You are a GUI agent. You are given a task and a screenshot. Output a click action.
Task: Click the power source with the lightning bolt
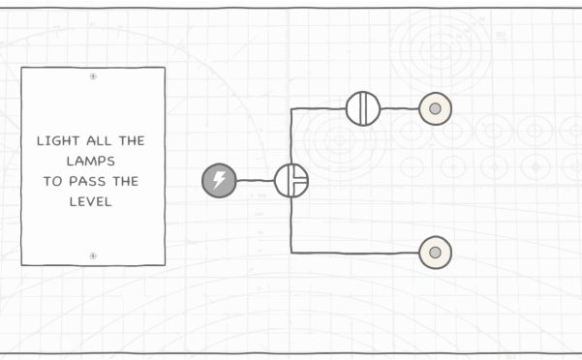point(219,180)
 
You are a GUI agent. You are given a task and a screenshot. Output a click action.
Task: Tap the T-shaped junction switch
point(291,180)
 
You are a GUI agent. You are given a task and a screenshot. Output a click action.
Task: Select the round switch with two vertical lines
point(362,107)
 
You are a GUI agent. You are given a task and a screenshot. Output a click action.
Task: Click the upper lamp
point(435,108)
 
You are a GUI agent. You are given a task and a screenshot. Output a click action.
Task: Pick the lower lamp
point(435,254)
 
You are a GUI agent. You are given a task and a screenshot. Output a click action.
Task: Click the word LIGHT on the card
point(58,140)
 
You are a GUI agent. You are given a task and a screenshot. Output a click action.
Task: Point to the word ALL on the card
point(100,140)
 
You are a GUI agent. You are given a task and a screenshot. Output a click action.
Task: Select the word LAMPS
point(93,161)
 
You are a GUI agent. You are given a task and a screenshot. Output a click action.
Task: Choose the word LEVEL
point(93,201)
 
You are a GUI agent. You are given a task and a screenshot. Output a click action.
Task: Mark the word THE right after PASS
point(128,181)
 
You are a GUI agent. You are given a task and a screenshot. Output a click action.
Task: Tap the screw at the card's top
point(93,76)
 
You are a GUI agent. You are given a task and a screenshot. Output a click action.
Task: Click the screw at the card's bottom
point(93,255)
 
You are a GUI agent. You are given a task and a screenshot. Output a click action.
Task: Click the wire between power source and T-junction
point(255,180)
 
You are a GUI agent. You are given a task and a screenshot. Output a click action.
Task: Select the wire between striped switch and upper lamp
point(398,108)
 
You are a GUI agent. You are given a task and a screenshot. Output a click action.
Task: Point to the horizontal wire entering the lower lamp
point(358,253)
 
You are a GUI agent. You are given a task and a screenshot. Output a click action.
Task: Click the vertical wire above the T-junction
point(291,135)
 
